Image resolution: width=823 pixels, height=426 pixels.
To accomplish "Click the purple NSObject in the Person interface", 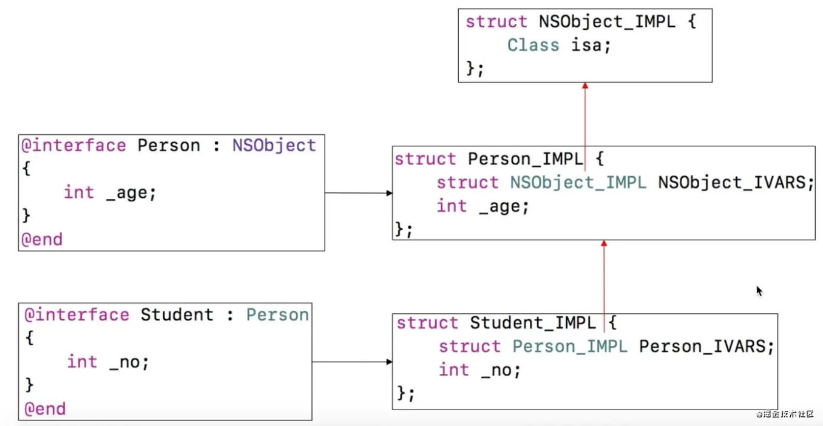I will coord(274,146).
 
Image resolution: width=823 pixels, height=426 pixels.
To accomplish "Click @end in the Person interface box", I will coord(42,239).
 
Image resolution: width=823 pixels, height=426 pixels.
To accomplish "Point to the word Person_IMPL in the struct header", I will coord(525,159).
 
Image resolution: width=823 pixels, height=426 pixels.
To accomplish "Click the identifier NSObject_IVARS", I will coord(735,183).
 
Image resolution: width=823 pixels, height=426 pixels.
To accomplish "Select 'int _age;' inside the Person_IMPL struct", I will coord(483,206).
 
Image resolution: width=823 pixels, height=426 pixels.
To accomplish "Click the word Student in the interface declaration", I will coord(177,315).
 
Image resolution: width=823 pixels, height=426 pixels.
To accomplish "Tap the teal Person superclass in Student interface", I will coord(277,315).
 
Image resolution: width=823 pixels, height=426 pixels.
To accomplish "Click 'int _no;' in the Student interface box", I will coord(108,362).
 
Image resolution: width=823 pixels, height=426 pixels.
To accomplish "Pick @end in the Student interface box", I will coord(44,409).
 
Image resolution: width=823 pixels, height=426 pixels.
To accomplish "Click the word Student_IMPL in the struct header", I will coord(533,323).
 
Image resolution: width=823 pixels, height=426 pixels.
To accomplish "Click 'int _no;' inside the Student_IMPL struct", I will coord(479,370).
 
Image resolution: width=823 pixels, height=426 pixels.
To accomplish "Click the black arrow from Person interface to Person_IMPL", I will coord(358,193).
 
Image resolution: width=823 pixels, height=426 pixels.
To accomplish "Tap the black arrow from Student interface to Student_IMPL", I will coord(352,362).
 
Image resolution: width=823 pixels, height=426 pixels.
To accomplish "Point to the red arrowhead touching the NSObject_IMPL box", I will coord(585,86).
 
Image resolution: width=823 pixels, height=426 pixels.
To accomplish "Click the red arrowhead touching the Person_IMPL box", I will coord(604,244).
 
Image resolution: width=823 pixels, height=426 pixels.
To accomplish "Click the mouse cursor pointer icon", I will coord(759,291).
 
